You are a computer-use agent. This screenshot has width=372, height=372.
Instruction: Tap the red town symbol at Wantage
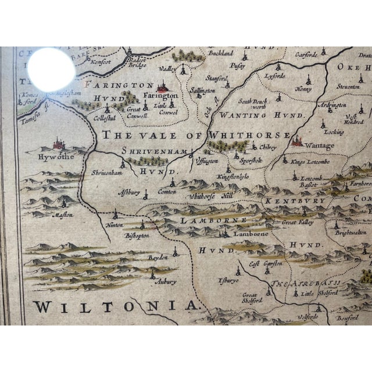(297, 139)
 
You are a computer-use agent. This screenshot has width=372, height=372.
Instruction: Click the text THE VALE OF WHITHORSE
(195, 135)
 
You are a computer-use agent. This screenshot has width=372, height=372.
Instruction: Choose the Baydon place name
(157, 256)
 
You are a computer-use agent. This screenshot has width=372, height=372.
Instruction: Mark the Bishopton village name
(138, 235)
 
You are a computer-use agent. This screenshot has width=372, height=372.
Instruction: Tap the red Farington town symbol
(164, 86)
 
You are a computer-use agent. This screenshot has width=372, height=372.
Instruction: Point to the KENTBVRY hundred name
(288, 201)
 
